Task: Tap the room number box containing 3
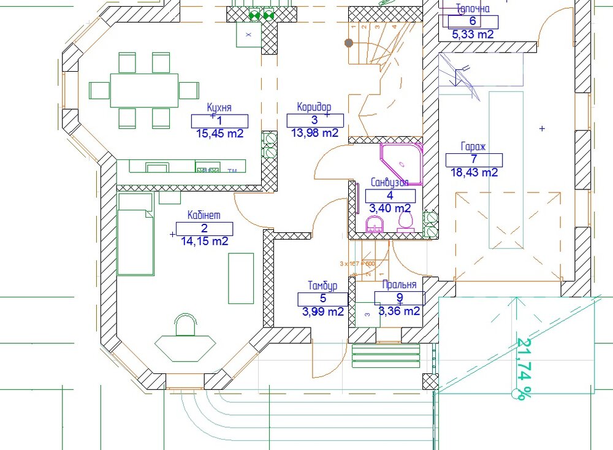[315, 121]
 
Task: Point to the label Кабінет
[204, 215]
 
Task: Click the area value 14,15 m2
[204, 242]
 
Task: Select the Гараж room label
[473, 147]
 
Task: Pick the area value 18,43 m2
[473, 174]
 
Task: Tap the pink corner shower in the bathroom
[402, 164]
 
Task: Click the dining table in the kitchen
[145, 90]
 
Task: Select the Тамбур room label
[322, 286]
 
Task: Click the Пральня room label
[399, 285]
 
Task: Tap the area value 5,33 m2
[473, 35]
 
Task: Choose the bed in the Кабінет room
[135, 234]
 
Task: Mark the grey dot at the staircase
[349, 43]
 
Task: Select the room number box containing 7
[474, 160]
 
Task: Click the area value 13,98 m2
[314, 133]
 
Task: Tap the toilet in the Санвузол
[405, 222]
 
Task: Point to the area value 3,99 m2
[323, 312]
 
